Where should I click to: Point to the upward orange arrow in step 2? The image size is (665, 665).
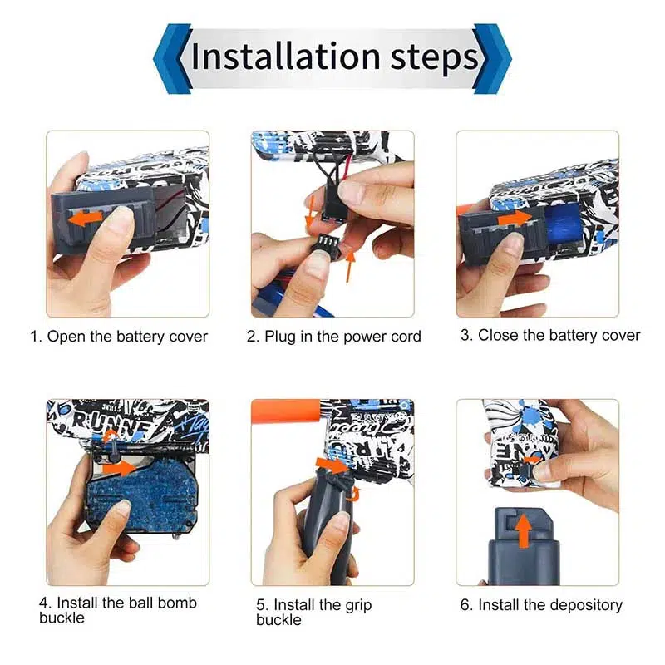(351, 265)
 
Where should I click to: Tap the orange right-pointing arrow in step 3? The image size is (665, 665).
(515, 219)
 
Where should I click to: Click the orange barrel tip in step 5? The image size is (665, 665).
(287, 411)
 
